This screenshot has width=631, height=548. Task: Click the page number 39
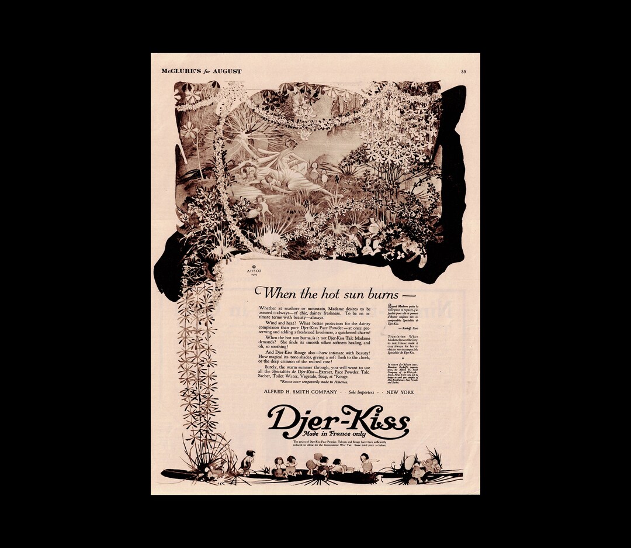[463, 71]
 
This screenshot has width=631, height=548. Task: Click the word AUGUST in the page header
[227, 71]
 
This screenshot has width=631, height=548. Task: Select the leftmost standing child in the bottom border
[248, 461]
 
